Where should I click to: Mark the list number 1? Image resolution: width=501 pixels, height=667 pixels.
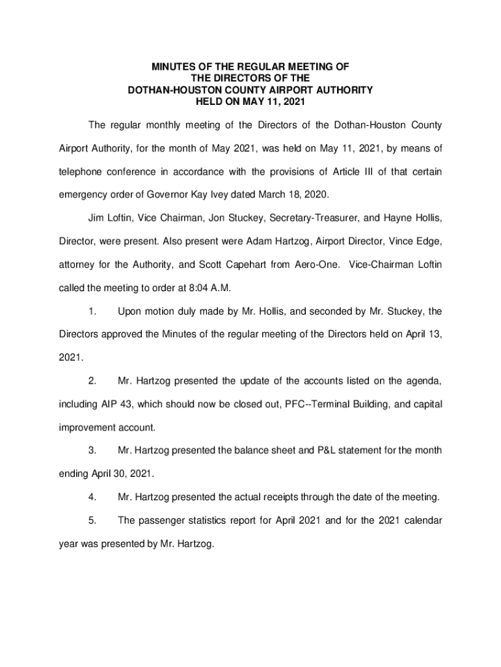click(x=93, y=311)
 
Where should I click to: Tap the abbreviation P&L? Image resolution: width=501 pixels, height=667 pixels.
click(x=316, y=451)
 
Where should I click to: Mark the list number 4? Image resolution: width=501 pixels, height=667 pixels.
click(x=93, y=498)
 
